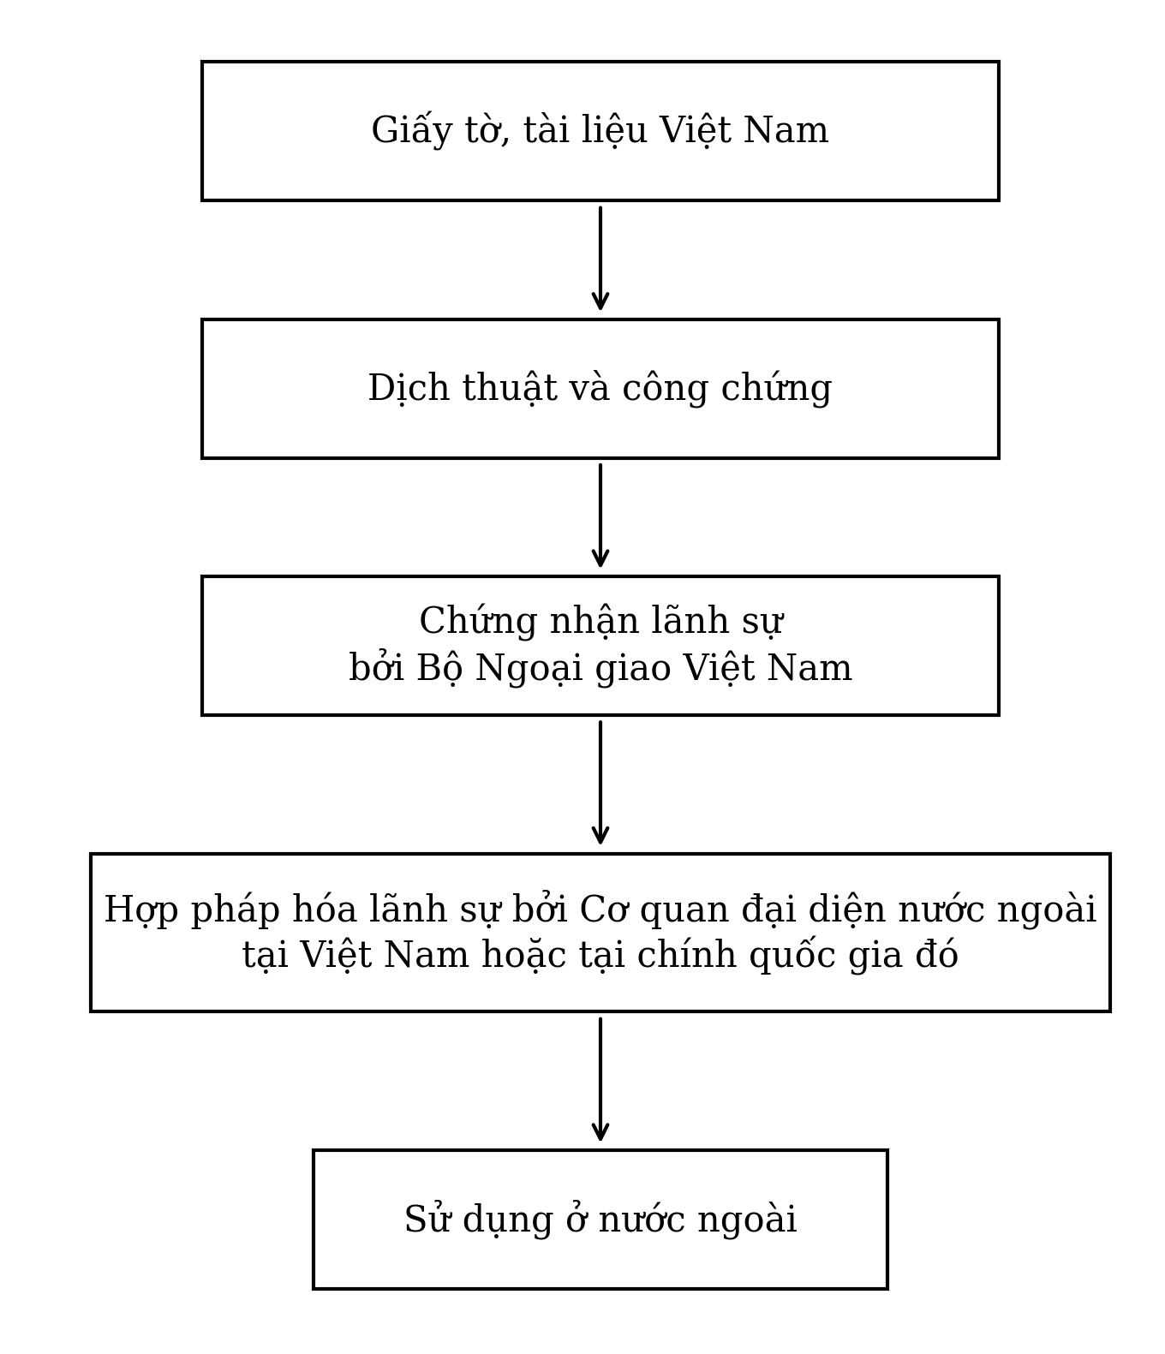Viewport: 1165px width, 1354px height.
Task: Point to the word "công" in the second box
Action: click(665, 390)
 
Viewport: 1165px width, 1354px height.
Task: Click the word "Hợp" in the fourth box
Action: click(140, 910)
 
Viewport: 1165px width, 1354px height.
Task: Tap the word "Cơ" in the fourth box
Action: click(601, 910)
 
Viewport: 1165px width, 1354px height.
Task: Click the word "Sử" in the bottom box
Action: click(427, 1220)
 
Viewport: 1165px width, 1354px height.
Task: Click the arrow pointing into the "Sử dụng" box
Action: click(600, 1080)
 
